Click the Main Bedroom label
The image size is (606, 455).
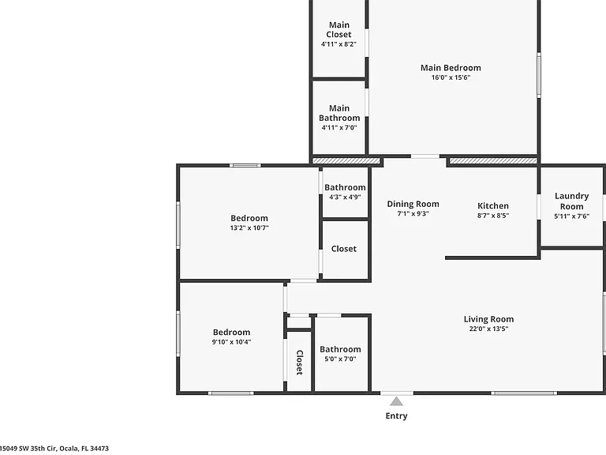pos(451,68)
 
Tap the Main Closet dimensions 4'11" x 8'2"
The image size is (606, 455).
pos(339,44)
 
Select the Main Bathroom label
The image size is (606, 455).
pos(339,113)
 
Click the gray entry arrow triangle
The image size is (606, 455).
pos(396,401)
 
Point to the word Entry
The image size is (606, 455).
pos(397,416)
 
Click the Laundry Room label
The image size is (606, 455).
pos(571,201)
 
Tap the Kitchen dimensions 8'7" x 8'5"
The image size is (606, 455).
pos(493,216)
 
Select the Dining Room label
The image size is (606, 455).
pos(413,204)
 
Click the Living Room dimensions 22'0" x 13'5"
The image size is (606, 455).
pos(489,329)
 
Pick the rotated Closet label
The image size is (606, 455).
pos(300,363)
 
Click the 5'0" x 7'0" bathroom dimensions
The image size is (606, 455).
pos(340,359)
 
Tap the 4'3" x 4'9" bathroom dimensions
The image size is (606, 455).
pos(345,197)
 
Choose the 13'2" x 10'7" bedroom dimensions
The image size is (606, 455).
pos(249,227)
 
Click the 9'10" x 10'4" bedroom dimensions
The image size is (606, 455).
pos(231,342)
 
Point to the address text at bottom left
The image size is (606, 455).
pos(54,449)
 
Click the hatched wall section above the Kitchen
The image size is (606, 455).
pos(493,160)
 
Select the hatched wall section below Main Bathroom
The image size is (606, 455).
pos(346,160)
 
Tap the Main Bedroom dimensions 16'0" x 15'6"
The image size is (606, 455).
pos(451,77)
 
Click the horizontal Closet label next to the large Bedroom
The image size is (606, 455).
pos(344,249)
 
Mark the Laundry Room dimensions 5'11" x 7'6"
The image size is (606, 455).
pos(571,216)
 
